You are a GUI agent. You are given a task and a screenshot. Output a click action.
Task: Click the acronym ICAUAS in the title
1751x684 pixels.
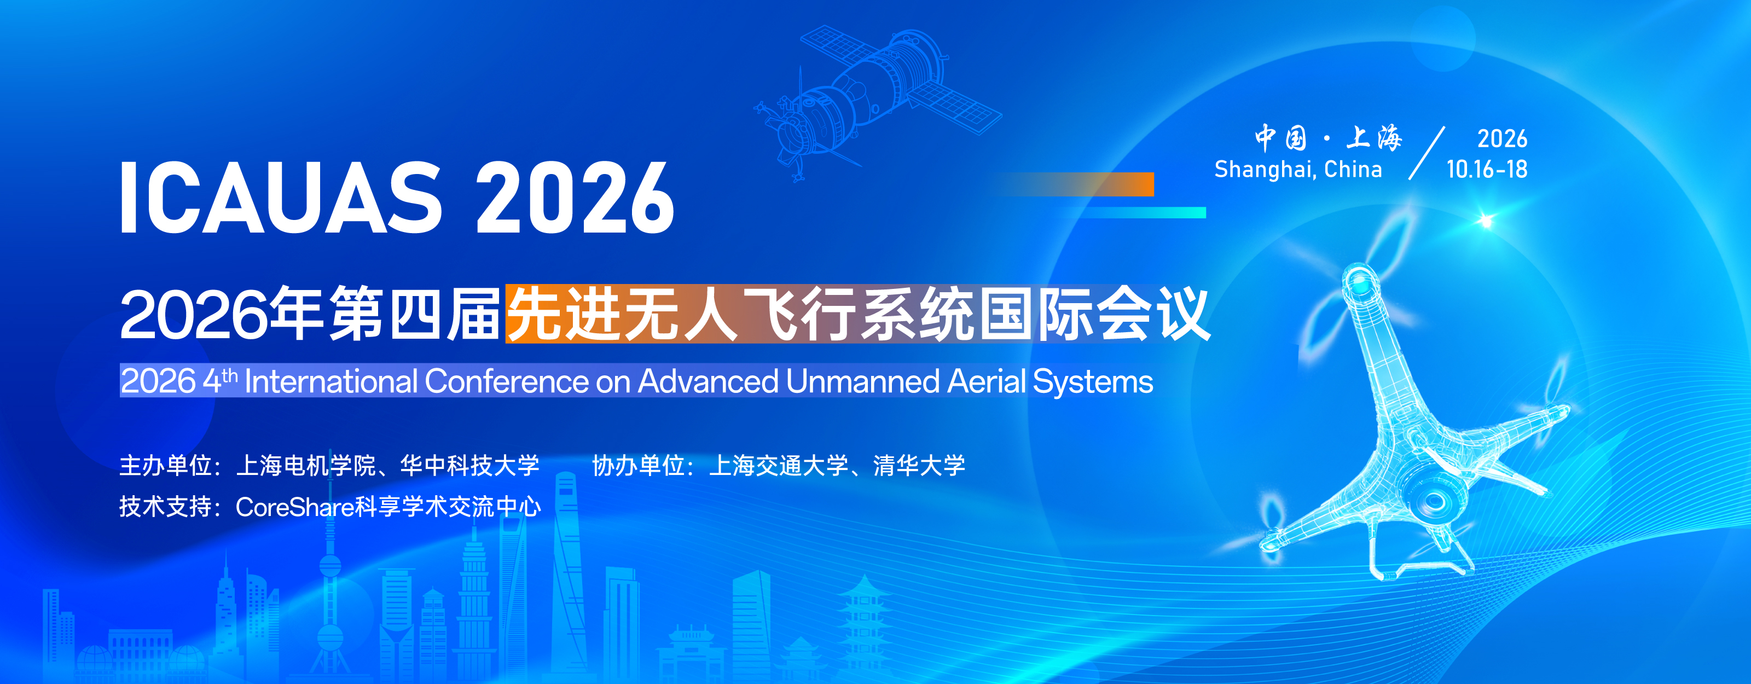[x=281, y=199]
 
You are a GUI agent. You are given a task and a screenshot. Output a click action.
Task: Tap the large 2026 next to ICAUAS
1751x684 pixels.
[x=575, y=199]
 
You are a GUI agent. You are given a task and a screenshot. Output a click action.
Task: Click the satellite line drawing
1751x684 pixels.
[x=877, y=102]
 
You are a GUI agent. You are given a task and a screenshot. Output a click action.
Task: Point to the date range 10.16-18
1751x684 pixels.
[x=1487, y=169]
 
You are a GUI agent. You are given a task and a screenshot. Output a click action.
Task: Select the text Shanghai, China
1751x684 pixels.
[x=1298, y=169]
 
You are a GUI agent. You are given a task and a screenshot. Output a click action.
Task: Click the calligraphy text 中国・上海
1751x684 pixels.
[x=1328, y=138]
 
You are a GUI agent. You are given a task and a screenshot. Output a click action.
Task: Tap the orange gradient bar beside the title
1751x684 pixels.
[x=1074, y=184]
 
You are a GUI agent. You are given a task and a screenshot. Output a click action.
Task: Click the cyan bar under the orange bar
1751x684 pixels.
[x=1142, y=213]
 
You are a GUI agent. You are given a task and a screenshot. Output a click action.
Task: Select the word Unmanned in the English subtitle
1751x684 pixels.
[x=862, y=381]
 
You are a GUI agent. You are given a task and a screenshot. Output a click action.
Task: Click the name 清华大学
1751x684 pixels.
[x=919, y=466]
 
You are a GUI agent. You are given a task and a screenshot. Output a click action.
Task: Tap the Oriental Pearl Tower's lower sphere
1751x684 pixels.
[x=331, y=639]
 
